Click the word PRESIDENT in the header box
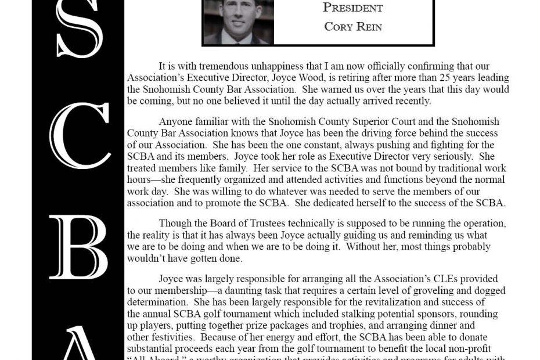(x=353, y=8)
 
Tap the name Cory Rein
(x=353, y=27)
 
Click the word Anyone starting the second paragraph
(x=177, y=122)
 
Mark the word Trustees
(x=282, y=224)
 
